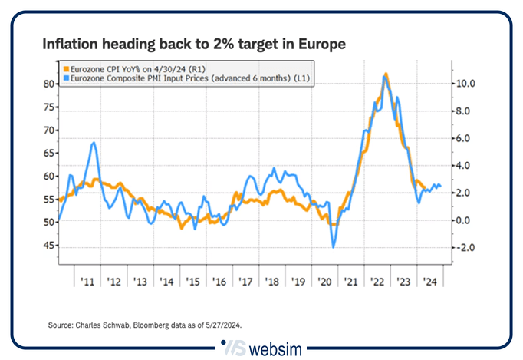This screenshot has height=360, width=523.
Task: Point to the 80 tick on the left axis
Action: tap(48, 84)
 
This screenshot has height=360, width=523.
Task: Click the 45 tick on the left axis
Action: tap(48, 246)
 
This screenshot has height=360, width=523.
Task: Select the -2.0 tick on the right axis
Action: tap(465, 248)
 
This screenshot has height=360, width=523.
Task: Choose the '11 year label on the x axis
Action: tap(87, 281)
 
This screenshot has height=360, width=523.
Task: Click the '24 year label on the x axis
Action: tap(429, 281)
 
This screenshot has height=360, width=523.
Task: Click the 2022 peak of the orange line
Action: tap(386, 74)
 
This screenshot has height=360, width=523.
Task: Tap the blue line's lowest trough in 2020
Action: tap(334, 246)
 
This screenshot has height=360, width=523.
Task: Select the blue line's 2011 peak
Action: tap(93, 143)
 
